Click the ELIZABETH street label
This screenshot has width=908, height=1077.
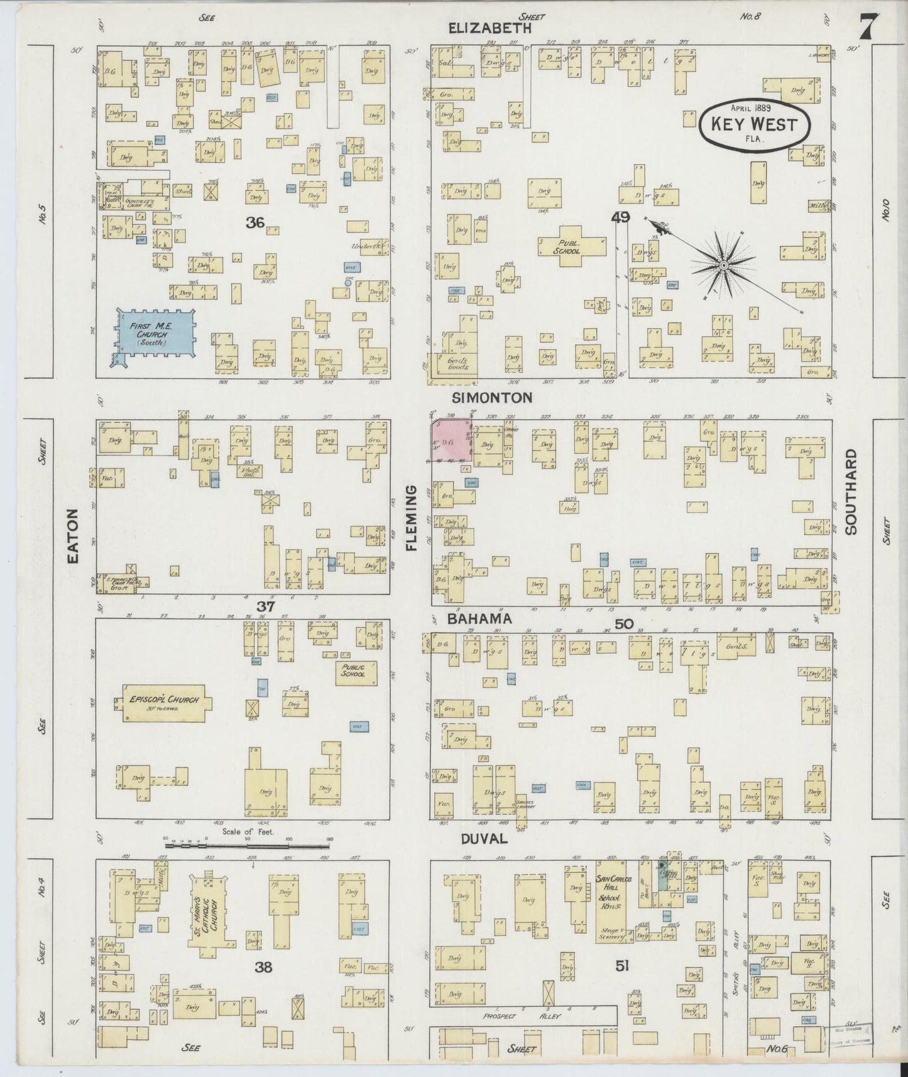pyautogui.click(x=490, y=28)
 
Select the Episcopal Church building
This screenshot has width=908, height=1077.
pyautogui.click(x=163, y=703)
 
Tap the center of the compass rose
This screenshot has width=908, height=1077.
pyautogui.click(x=724, y=266)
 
